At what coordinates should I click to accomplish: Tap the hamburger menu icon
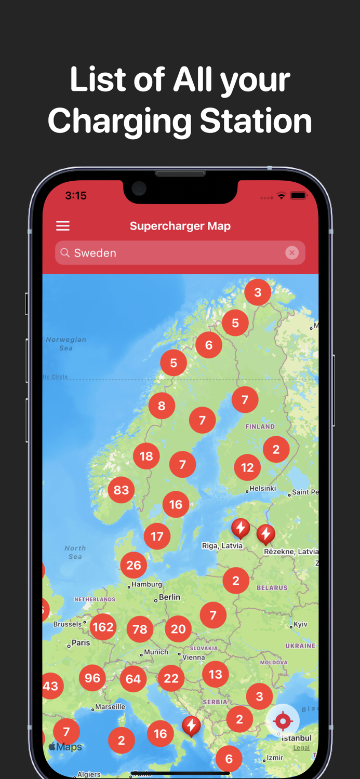tap(63, 226)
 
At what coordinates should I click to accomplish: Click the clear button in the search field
tap(292, 253)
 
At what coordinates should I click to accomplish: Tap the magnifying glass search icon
tap(65, 253)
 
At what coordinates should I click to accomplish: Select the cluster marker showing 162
tap(103, 627)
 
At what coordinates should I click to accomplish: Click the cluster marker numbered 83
tap(121, 490)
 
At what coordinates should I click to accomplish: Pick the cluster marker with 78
tap(140, 629)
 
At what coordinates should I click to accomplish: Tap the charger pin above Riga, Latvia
tap(241, 528)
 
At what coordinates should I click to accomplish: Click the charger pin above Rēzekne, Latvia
tap(266, 534)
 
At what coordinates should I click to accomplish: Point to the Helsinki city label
tap(262, 489)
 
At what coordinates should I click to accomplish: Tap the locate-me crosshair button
tap(283, 721)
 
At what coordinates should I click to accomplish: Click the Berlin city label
tap(169, 597)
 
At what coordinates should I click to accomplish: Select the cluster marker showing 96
tap(92, 678)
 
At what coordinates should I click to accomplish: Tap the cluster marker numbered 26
tap(134, 565)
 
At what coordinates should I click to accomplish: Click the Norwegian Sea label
tap(66, 344)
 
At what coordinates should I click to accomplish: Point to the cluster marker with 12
tap(247, 467)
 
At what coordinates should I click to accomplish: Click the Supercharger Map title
tap(180, 226)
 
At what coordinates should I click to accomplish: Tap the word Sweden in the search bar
tap(95, 253)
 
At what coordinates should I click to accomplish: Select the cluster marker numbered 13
tap(215, 674)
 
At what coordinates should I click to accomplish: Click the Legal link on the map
tap(301, 748)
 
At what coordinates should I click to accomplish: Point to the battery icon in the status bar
tap(299, 196)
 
